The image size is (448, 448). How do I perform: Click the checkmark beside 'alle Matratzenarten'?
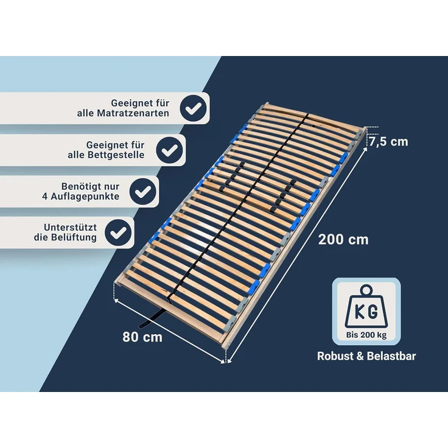coord(193,108)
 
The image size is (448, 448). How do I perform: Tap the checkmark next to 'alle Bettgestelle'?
coord(170,150)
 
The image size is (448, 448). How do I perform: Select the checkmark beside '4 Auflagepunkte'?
coord(144,191)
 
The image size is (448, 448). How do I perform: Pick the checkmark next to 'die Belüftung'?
coord(119,232)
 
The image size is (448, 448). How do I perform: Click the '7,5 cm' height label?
coord(389,141)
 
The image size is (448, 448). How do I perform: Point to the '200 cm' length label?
coord(343,239)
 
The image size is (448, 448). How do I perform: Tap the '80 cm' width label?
coord(142,336)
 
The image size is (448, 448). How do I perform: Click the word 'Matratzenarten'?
coord(131,114)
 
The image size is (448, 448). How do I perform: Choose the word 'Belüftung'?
coord(74,237)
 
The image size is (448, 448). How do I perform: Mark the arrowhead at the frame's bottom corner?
coord(226,360)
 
